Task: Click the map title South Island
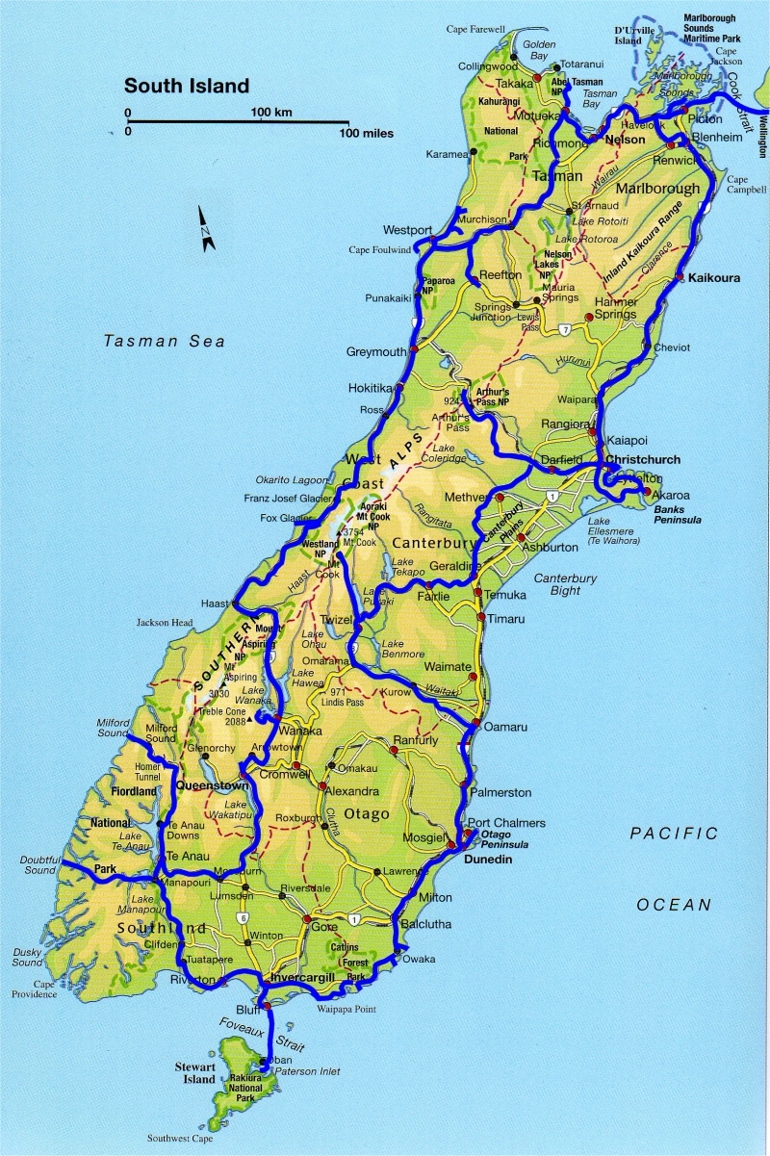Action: [x=186, y=86]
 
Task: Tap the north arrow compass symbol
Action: [x=207, y=229]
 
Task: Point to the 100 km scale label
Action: [x=270, y=113]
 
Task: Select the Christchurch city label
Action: [x=643, y=460]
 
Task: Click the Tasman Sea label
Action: [x=165, y=341]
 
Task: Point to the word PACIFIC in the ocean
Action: [x=674, y=834]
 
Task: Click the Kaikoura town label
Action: [x=714, y=277]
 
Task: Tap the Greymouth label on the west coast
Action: [x=376, y=352]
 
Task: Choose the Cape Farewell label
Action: [x=475, y=30]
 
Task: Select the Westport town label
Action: [x=407, y=231]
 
